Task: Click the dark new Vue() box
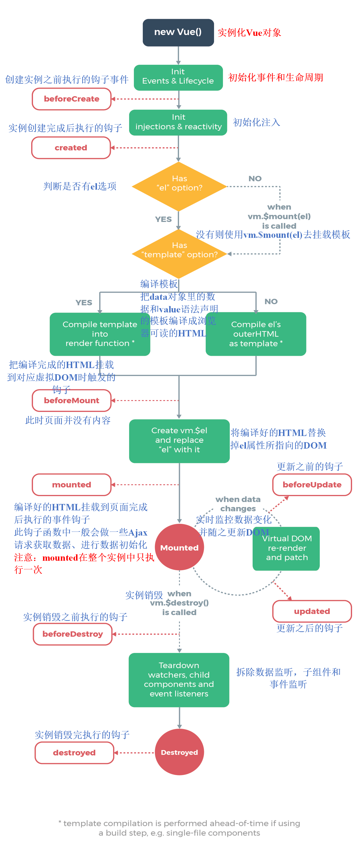[x=178, y=33]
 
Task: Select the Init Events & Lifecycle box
[x=178, y=77]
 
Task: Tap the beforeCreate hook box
[x=72, y=99]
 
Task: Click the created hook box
[x=71, y=148]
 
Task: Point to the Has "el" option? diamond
[x=179, y=187]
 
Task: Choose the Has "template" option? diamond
[x=179, y=254]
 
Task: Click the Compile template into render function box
[x=100, y=334]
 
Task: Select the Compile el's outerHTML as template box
[x=256, y=334]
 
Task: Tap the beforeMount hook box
[x=72, y=400]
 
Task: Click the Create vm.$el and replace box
[x=179, y=441]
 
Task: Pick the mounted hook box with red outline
[x=72, y=484]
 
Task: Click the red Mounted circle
[x=179, y=547]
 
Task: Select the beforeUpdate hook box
[x=312, y=484]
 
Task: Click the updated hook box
[x=312, y=611]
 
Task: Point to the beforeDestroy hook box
[x=72, y=634]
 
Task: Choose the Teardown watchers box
[x=179, y=680]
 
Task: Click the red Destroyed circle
[x=179, y=752]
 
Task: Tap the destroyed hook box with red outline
[x=74, y=752]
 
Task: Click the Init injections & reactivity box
[x=178, y=122]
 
